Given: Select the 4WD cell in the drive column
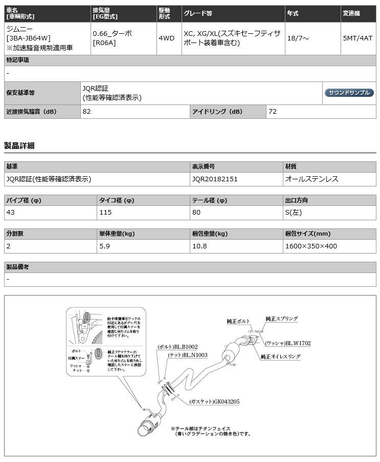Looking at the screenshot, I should click(166, 37).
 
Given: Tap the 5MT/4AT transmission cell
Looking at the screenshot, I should click(358, 37).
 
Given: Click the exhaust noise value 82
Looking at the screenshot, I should click(86, 111).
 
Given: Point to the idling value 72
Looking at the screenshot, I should click(273, 111).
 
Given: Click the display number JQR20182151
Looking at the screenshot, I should click(215, 179).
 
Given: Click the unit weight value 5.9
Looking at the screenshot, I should click(104, 245).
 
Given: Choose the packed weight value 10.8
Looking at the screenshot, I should click(199, 245).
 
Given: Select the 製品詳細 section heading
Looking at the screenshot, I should click(19, 145).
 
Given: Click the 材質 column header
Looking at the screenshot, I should click(290, 166).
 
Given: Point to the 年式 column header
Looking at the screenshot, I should click(293, 13).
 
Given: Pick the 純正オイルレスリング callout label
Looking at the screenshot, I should click(280, 356).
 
